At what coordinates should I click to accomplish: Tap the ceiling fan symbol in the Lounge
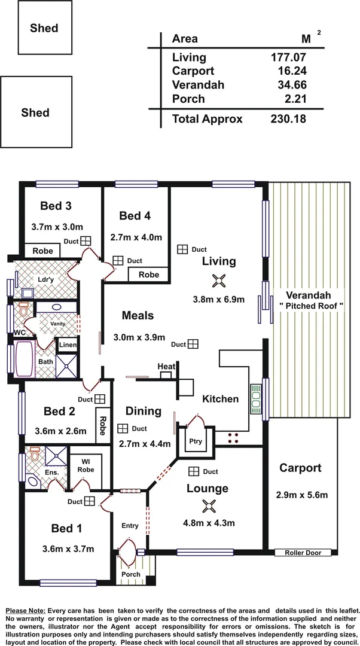click(208, 506)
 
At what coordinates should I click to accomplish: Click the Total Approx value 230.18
click(289, 118)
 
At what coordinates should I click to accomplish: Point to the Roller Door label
click(303, 553)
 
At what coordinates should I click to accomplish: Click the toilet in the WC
click(23, 310)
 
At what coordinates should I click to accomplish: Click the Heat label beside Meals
click(166, 366)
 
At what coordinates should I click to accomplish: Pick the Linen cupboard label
click(66, 345)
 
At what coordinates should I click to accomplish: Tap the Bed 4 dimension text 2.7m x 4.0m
click(136, 237)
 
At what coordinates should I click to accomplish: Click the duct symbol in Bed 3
click(86, 240)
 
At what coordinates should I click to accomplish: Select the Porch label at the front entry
click(131, 574)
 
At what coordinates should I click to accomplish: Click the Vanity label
click(57, 324)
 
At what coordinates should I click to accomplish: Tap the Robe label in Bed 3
click(42, 251)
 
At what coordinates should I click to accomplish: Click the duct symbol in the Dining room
click(123, 428)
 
